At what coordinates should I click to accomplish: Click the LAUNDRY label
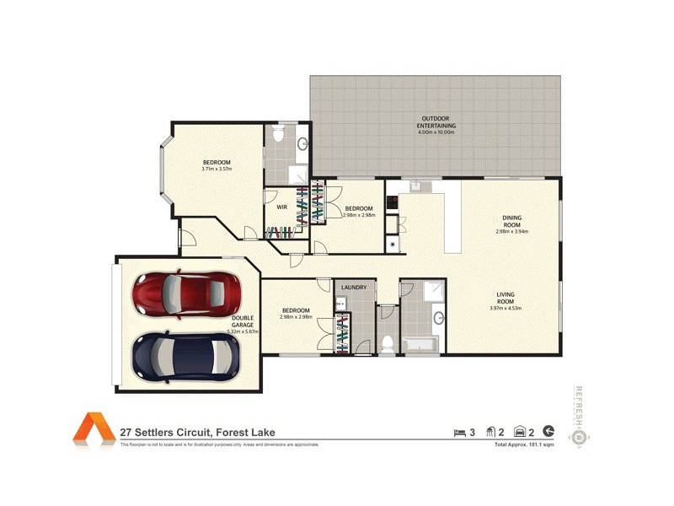click(x=354, y=288)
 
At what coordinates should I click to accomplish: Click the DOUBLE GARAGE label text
click(x=243, y=321)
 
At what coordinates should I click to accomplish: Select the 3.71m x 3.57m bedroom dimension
click(x=217, y=170)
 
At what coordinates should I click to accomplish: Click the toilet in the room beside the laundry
click(x=388, y=342)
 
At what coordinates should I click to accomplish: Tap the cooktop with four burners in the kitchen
click(x=392, y=202)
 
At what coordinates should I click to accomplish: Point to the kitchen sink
click(x=414, y=186)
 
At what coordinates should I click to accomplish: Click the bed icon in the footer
click(x=459, y=433)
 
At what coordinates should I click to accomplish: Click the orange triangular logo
click(x=93, y=428)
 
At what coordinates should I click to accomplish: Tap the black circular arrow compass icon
click(x=549, y=432)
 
